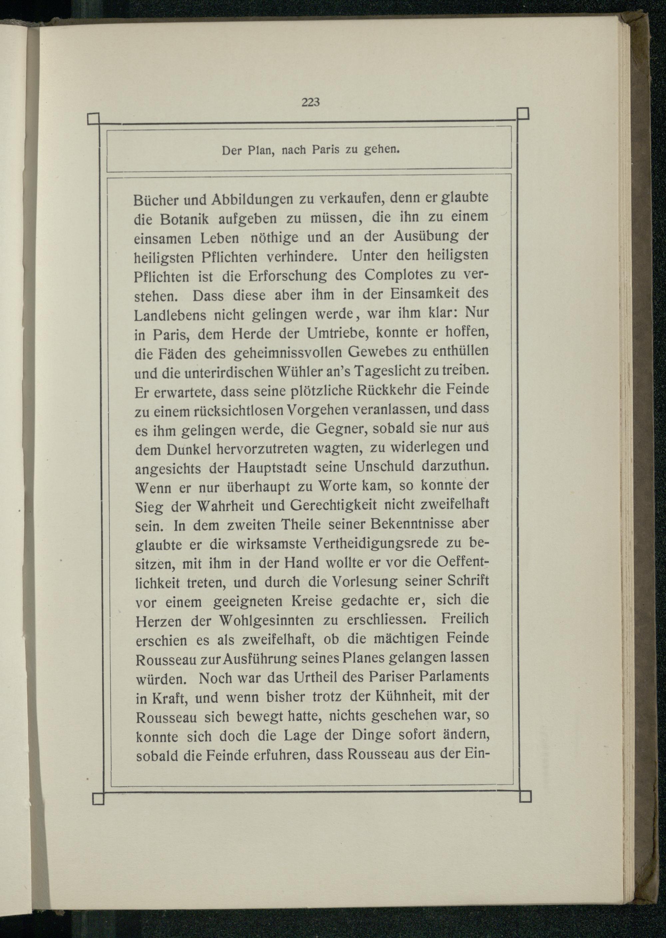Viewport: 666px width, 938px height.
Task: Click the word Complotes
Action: [399, 274]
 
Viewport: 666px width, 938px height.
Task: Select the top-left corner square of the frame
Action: [94, 119]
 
